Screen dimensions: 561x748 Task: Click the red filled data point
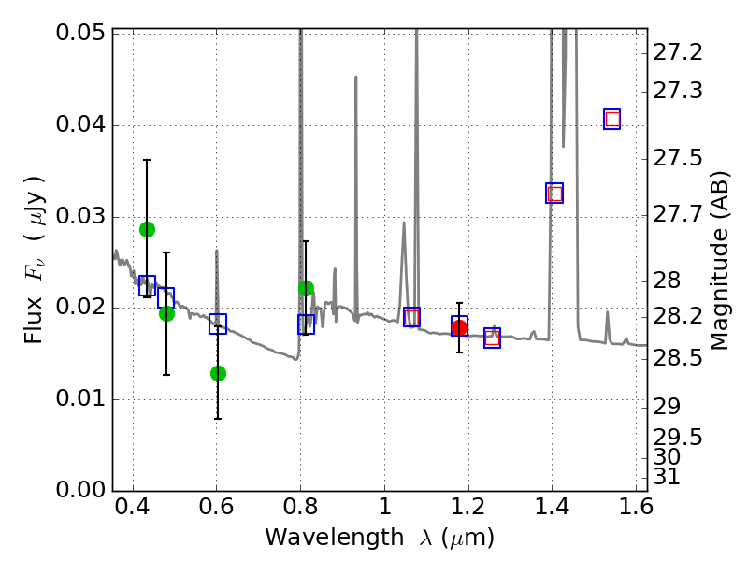coord(459,327)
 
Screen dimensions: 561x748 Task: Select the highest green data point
coord(147,229)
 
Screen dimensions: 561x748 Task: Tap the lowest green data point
coord(218,373)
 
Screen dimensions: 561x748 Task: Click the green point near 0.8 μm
coord(306,288)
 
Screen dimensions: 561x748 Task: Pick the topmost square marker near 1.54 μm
coord(612,119)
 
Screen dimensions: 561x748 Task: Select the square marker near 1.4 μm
coord(554,194)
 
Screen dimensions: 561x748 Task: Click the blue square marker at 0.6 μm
coord(218,324)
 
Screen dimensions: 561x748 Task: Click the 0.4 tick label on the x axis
coord(133,511)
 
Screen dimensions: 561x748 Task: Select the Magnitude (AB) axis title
coord(720,260)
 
